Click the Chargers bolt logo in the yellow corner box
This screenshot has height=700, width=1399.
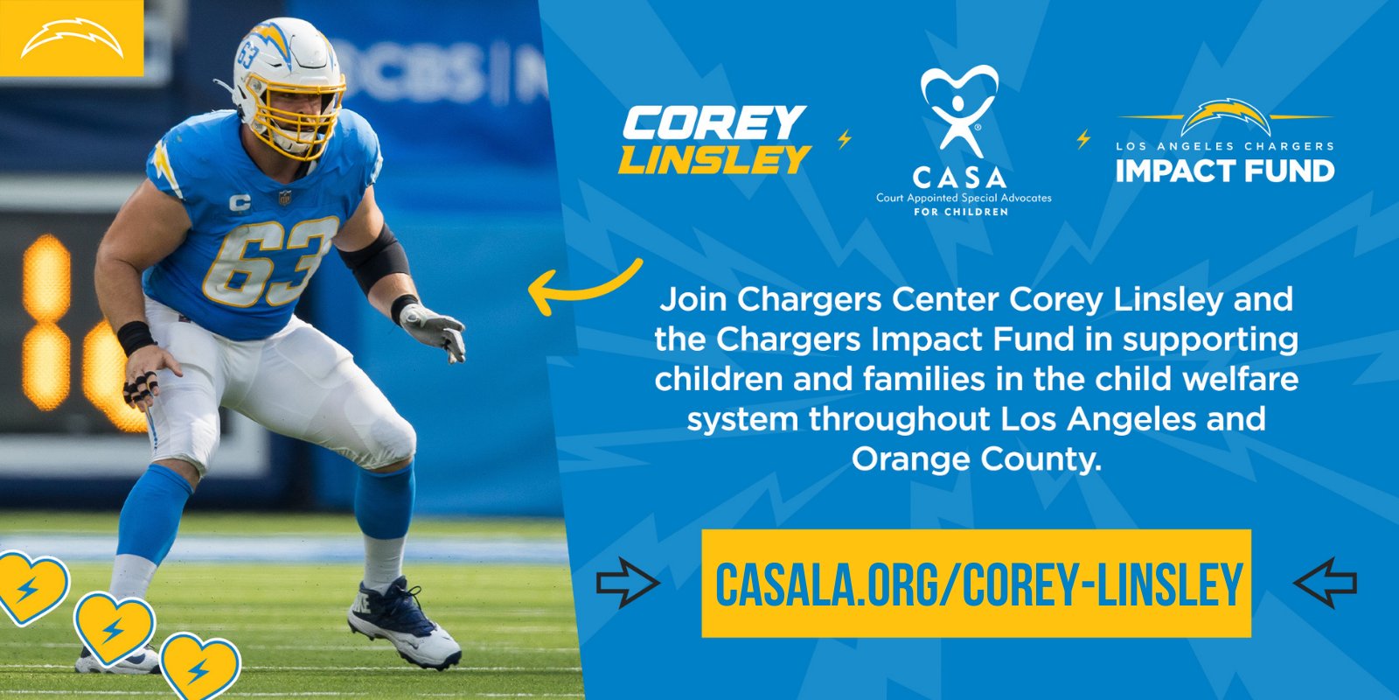(x=72, y=40)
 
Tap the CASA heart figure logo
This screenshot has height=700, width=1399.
(x=959, y=108)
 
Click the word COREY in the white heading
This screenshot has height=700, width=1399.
(x=713, y=123)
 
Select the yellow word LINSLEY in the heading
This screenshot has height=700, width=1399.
(x=714, y=159)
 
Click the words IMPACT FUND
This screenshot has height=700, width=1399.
(x=1225, y=171)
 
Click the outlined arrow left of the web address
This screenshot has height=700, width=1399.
(x=628, y=583)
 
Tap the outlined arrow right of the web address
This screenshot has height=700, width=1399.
(x=1325, y=583)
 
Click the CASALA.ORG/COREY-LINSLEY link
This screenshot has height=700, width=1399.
(x=977, y=584)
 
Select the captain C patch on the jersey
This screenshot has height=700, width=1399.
(x=240, y=202)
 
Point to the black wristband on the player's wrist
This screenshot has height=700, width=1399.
(x=136, y=338)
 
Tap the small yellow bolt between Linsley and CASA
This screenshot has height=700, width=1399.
(x=845, y=139)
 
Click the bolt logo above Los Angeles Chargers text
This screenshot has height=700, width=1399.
(x=1225, y=117)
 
